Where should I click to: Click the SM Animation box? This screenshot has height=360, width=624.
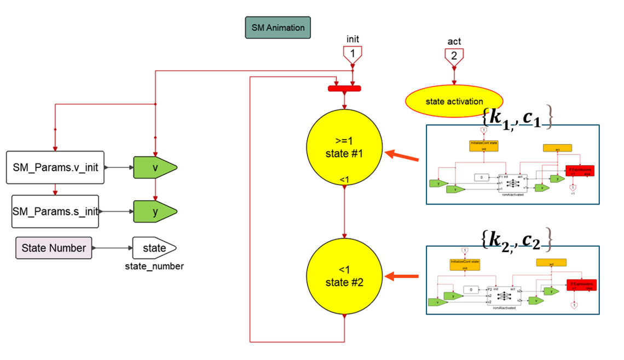278,27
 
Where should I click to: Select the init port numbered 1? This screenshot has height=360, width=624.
353,54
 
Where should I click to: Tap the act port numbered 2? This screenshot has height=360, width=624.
454,55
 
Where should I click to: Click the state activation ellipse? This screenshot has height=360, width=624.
454,101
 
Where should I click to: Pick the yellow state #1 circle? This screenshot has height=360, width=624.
344,148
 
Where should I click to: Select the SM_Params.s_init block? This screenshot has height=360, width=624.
55,211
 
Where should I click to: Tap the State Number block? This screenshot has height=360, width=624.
54,248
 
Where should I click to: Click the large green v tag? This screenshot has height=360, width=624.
155,167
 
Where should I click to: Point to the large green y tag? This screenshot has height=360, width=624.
155,211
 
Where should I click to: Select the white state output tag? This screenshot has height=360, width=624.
154,248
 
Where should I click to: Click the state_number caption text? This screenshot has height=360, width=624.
155,266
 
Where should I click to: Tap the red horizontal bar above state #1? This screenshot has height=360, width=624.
344,89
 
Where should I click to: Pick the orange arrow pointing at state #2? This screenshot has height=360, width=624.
405,276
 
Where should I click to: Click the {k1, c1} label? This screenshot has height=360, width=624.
517,117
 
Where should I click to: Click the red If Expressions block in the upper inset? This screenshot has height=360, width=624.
580,171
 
